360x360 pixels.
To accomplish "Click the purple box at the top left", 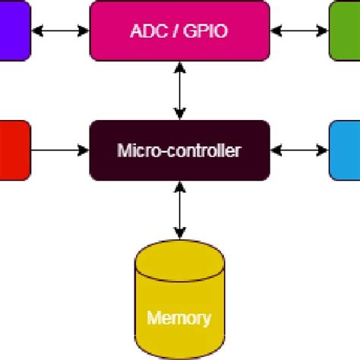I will (14, 30).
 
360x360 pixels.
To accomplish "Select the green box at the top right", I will (345, 30).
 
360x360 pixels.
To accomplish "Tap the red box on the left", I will (14, 150).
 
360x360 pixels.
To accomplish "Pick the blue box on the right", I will (345, 150).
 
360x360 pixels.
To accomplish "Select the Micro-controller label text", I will (179, 150).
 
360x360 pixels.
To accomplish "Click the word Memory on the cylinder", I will (179, 317).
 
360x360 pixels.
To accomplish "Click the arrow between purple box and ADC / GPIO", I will (60, 31).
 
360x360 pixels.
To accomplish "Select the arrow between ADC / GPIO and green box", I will (299, 31).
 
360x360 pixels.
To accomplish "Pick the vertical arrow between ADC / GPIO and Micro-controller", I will (179, 90).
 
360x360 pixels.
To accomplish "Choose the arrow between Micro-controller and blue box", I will (299, 150).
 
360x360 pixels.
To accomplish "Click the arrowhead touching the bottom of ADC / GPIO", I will (179, 67).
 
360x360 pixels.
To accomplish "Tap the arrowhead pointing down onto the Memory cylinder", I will (179, 233).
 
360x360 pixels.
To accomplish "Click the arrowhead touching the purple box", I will (36, 31).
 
